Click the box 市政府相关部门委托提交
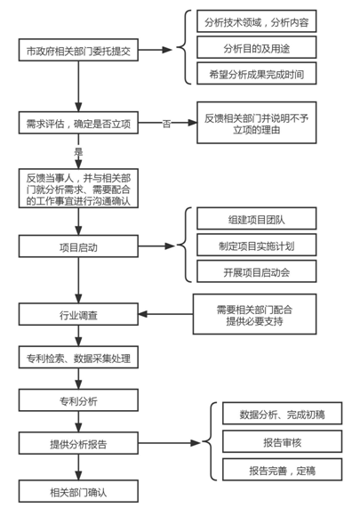pos(78,50)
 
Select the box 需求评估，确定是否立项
pos(78,123)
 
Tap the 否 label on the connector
pos(166,123)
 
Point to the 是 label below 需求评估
pos(78,151)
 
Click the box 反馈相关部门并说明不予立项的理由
pos(256,123)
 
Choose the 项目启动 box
pos(78,246)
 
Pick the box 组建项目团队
pos(256,219)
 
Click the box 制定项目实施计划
pos(256,245)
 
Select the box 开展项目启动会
pos(256,271)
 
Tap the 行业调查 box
pos(78,314)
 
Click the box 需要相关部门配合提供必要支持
pos(254,314)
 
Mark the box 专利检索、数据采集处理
pos(78,358)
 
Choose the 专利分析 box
pos(78,400)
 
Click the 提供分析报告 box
pos(78,443)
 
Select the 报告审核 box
pos(282,441)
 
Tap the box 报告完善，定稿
pos(282,470)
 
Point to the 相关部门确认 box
pos(78,491)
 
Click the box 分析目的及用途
pos(256,47)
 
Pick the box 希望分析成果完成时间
pos(256,74)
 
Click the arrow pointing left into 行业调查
pos(165,314)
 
